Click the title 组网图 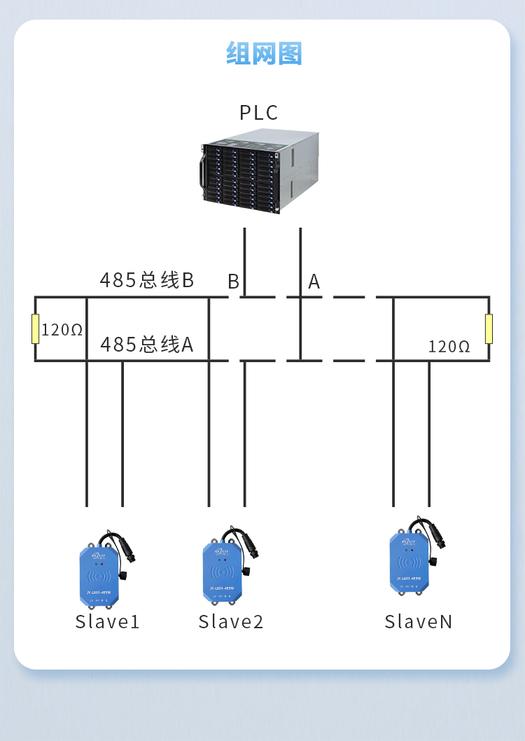coord(263,53)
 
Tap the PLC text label coord(258,113)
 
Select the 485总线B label coord(146,280)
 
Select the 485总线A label coord(146,345)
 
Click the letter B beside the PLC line coord(233,282)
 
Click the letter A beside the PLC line coord(314,282)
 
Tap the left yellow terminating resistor coord(35,329)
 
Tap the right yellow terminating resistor coord(489,329)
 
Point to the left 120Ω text coord(62,329)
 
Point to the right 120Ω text coord(449,346)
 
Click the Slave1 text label coord(108,622)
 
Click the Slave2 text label coord(231,622)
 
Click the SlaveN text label coord(419,622)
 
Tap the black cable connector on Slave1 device coord(127,553)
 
